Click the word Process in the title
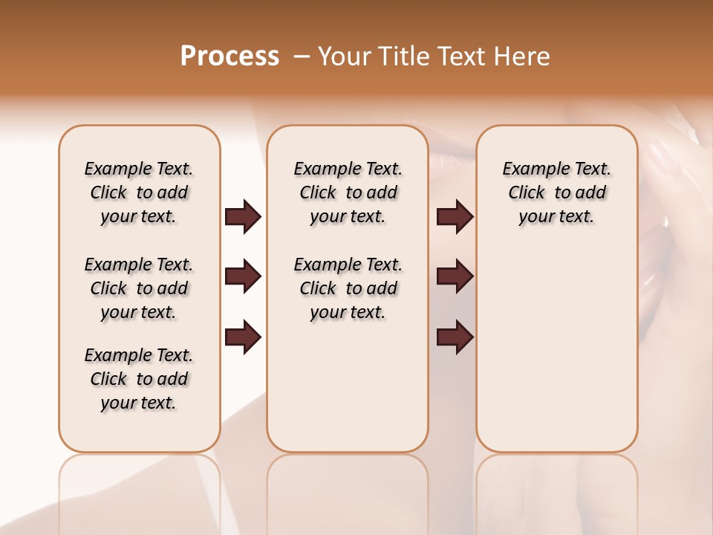click(229, 56)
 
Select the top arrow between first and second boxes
click(243, 216)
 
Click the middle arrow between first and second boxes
click(243, 276)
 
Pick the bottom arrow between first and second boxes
click(243, 337)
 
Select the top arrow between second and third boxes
click(455, 216)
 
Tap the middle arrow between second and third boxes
click(455, 276)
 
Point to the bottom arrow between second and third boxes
click(455, 337)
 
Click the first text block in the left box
click(139, 192)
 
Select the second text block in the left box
click(139, 288)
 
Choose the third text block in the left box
click(139, 379)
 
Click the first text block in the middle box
click(348, 192)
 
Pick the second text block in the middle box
click(348, 288)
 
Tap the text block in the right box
click(556, 192)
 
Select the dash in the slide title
click(302, 56)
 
